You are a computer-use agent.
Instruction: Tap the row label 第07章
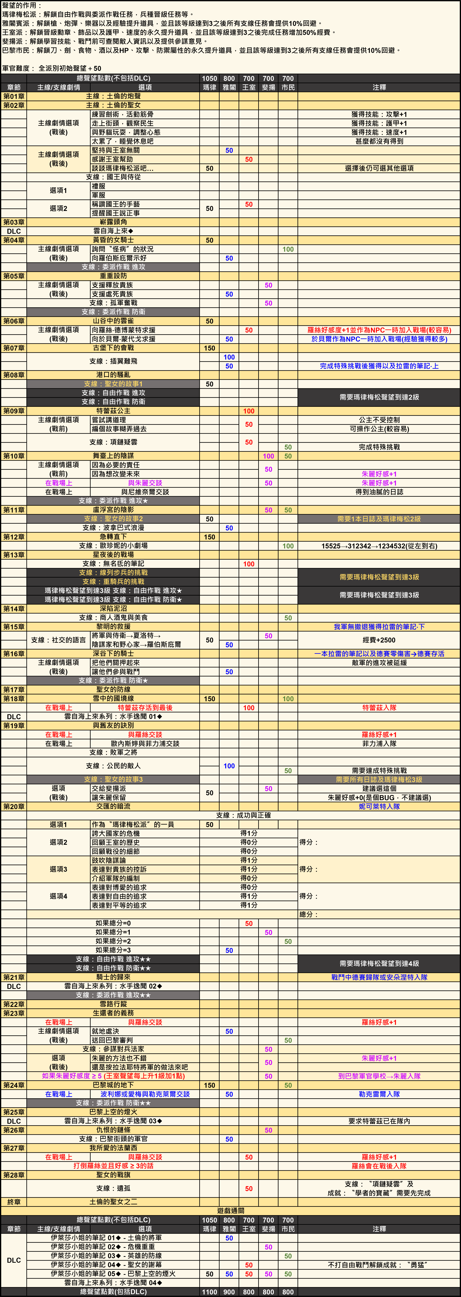pos(14,348)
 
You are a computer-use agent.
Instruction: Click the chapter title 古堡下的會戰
pos(113,348)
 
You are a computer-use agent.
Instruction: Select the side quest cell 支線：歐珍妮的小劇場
pos(113,546)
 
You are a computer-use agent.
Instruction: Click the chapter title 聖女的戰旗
pos(113,1175)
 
